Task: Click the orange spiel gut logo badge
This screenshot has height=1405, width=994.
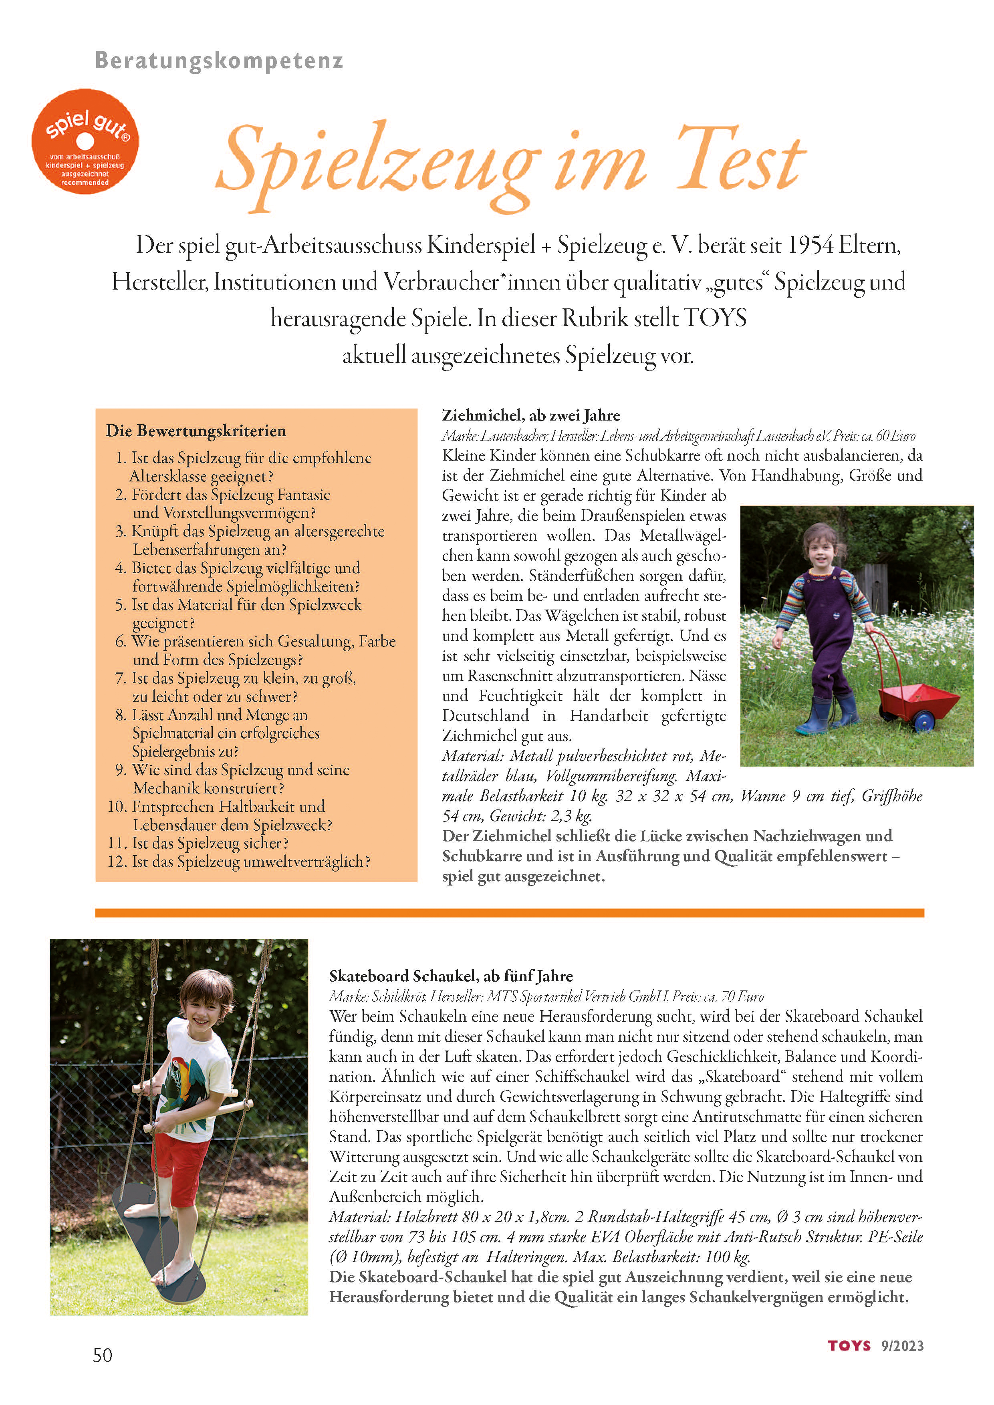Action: tap(85, 141)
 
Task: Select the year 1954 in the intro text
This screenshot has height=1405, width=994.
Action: tap(811, 246)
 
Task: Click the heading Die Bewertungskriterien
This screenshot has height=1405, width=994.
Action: tap(196, 431)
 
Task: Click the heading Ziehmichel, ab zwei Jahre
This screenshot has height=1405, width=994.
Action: tap(531, 415)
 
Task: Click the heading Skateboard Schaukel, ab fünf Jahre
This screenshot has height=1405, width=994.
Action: tap(450, 976)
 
